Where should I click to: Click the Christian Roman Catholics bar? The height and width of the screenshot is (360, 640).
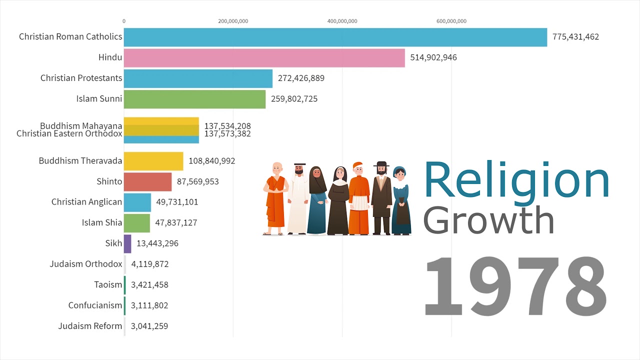click(335, 37)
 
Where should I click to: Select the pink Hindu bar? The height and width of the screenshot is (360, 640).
click(264, 57)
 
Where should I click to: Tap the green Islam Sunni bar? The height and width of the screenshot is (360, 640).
click(194, 99)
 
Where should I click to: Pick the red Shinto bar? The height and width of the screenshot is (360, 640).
click(147, 181)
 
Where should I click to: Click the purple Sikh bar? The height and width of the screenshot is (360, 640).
click(127, 243)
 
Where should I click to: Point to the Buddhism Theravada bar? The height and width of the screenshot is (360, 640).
click(153, 161)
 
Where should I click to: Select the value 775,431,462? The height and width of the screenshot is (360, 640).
click(575, 37)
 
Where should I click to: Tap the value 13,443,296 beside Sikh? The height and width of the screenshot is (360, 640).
click(157, 243)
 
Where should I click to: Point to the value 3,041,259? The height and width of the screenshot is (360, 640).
click(149, 326)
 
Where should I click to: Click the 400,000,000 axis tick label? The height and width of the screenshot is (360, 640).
click(342, 21)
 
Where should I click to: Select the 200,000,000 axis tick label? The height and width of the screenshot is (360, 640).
click(233, 21)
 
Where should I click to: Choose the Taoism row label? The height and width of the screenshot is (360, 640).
click(108, 285)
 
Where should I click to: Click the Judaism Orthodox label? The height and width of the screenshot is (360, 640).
click(86, 264)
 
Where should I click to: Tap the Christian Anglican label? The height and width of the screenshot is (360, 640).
click(86, 202)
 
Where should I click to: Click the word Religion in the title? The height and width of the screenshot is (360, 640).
click(516, 180)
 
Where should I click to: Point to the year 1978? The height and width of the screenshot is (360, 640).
click(515, 286)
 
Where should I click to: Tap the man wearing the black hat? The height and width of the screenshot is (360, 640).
click(381, 198)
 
